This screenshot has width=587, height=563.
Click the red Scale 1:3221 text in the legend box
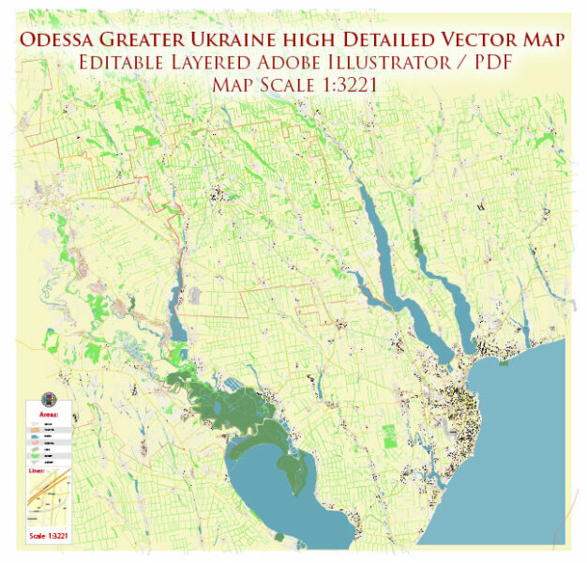pos(49,537)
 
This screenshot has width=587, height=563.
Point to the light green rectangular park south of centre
pos(389,434)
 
